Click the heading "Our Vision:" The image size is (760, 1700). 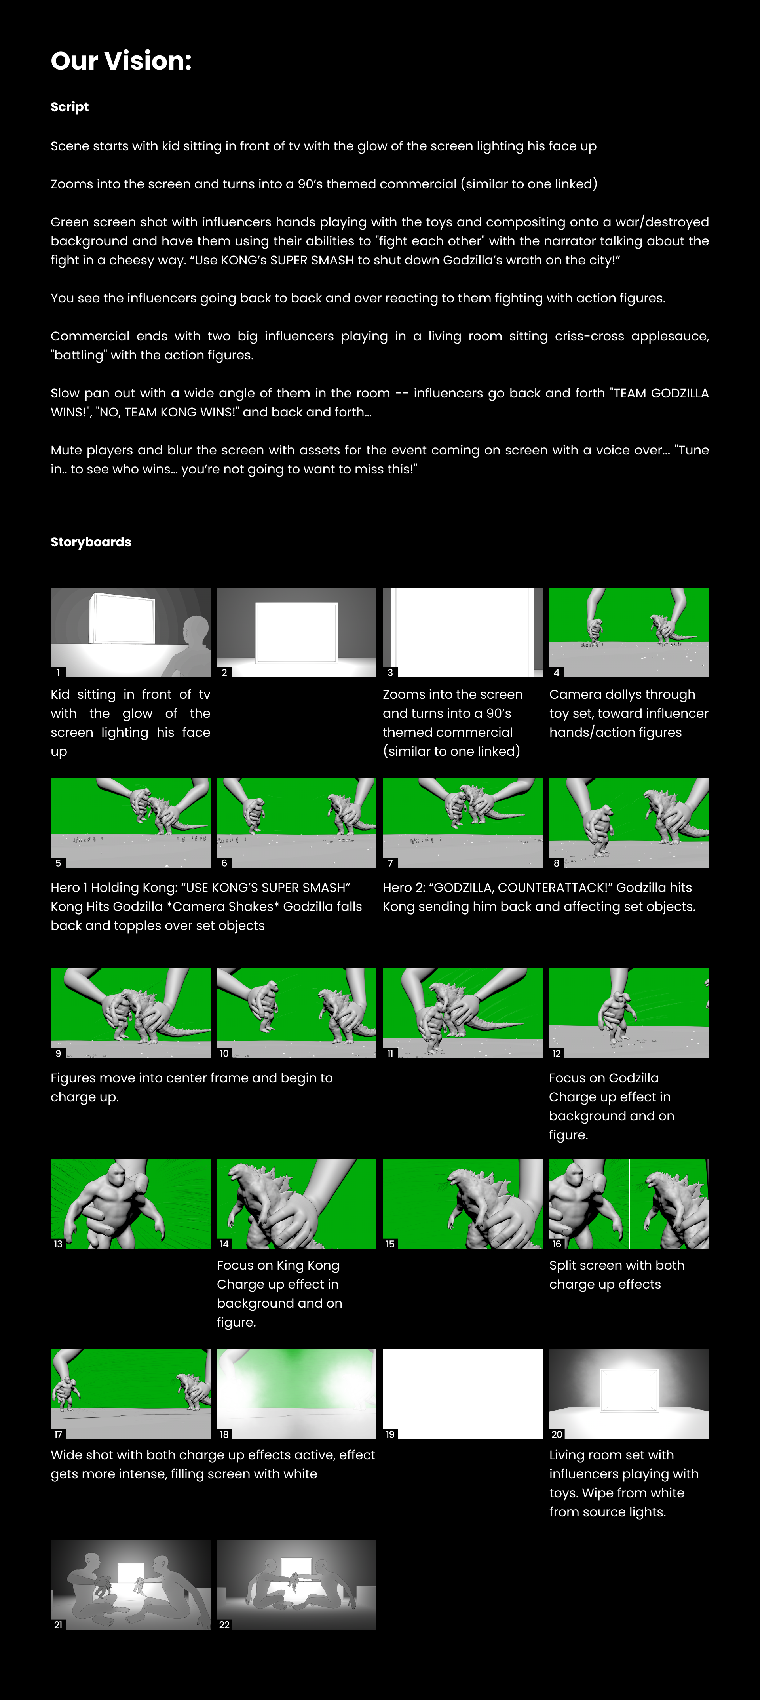point(121,61)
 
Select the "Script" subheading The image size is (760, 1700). point(69,107)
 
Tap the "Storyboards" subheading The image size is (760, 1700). point(90,542)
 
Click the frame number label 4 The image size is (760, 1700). point(556,673)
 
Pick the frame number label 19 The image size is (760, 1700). point(390,1434)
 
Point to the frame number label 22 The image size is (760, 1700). point(224,1625)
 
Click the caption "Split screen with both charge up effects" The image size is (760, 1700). point(616,1274)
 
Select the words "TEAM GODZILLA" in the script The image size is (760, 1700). point(660,393)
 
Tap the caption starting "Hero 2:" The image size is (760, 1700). point(538,897)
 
